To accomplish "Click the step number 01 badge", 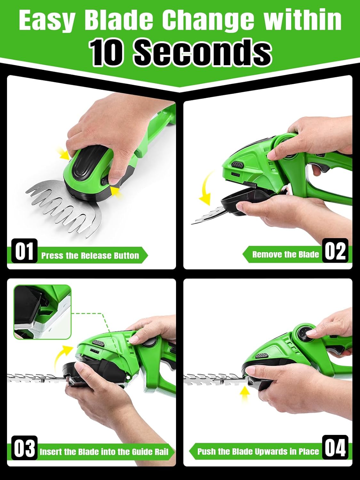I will pos(24,251).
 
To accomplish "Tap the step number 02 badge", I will pos(335,251).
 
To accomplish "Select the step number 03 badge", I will pos(24,448).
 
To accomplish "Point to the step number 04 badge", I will pos(335,447).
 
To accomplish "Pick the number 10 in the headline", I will pos(107,52).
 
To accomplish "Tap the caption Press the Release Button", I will pos(90,256).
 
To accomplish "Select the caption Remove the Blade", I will pos(285,254).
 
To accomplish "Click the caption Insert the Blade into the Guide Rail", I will pos(104,452).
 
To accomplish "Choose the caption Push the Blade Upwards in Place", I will pos(258,452).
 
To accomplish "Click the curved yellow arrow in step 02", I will pos(207,189).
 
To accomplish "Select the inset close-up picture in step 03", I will pos(42,312).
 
